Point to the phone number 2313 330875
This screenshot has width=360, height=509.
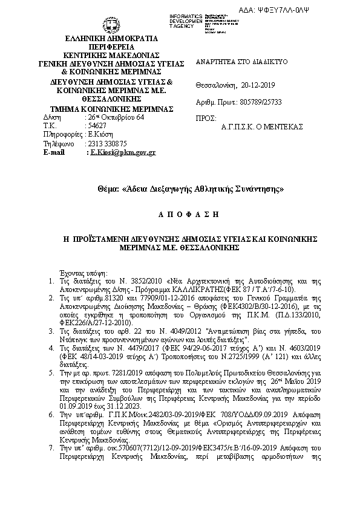[x=107, y=144]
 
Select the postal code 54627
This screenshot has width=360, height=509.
[x=97, y=126]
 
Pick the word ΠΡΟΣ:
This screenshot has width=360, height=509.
[x=207, y=118]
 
